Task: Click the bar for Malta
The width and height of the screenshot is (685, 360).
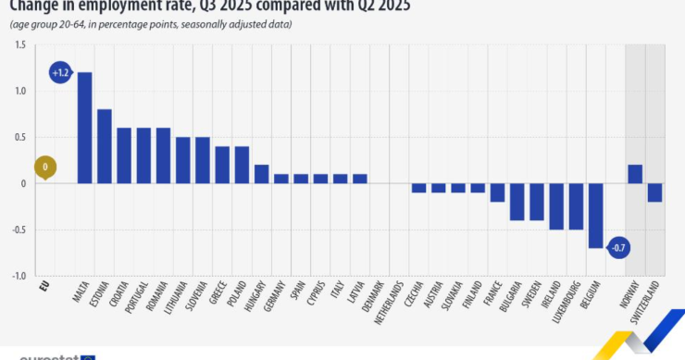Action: (84, 128)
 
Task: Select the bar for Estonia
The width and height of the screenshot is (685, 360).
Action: (105, 146)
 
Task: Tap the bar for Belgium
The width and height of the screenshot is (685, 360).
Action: (595, 216)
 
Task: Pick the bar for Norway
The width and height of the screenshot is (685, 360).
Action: (635, 174)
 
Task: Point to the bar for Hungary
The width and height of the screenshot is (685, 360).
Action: (262, 174)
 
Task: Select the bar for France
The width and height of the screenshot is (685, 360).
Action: (498, 192)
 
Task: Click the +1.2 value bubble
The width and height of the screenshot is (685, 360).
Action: (60, 72)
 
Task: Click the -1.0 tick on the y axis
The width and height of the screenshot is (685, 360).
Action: (19, 276)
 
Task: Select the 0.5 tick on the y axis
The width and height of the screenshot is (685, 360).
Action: (19, 137)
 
